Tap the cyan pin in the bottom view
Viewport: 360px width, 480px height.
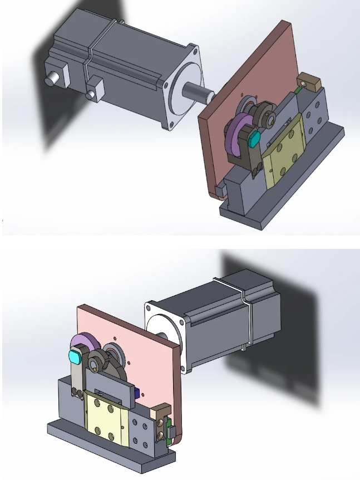coord(75,356)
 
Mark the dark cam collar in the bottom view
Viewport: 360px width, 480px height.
coord(101,362)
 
